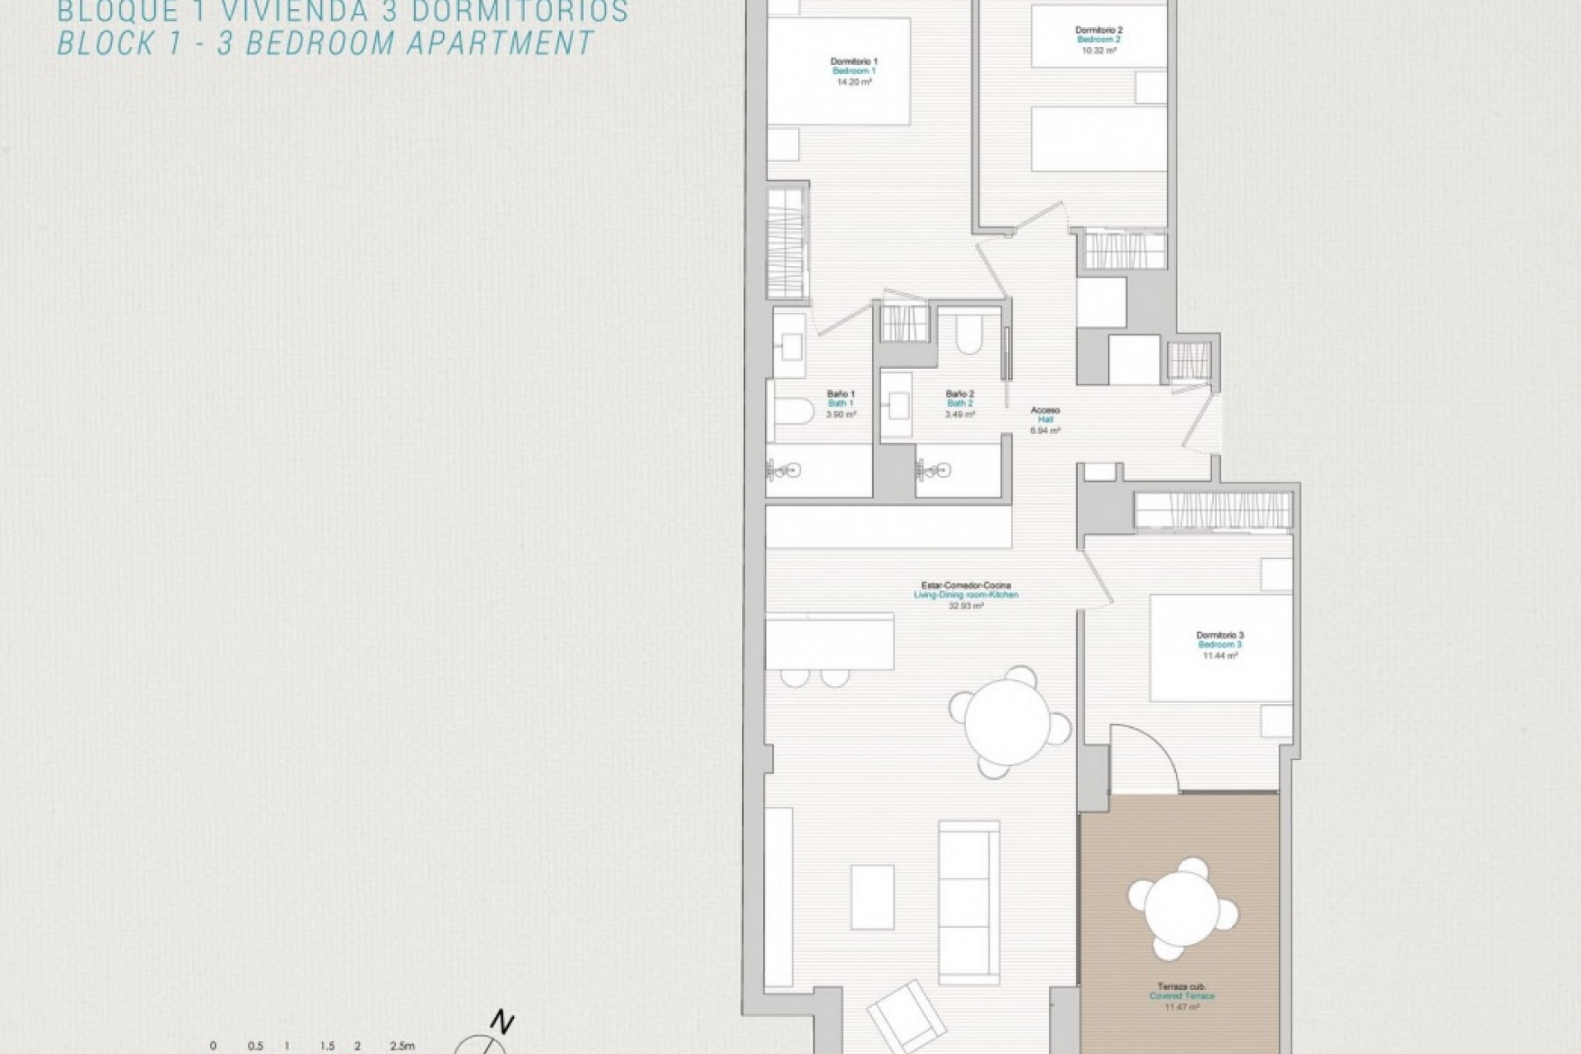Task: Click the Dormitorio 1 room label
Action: point(854,61)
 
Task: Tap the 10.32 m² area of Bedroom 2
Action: point(1098,50)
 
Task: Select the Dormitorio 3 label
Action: point(1220,635)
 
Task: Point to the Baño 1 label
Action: point(841,394)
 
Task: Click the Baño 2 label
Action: point(960,394)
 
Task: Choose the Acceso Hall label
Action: point(1046,410)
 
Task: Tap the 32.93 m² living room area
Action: point(966,605)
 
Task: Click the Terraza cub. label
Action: point(1182,986)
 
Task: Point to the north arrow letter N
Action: point(502,1024)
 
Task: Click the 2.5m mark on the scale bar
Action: point(402,1046)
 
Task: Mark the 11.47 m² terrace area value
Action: point(1182,1006)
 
